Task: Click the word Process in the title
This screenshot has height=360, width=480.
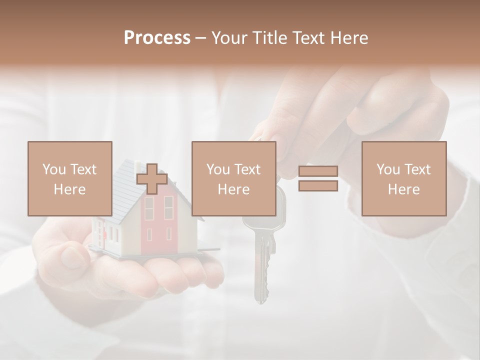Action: [157, 38]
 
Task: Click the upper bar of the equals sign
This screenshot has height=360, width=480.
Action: [318, 171]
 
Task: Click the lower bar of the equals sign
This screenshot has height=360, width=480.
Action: [318, 186]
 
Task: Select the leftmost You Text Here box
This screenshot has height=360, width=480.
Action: [69, 179]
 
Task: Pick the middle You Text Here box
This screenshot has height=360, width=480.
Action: [233, 179]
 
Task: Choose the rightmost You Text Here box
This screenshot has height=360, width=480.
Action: [403, 179]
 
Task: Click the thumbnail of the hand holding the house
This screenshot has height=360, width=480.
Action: [73, 256]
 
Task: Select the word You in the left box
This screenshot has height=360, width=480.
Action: [54, 169]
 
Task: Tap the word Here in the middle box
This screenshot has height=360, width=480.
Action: [233, 189]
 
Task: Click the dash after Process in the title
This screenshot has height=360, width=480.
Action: [201, 38]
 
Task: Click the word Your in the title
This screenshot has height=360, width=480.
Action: [231, 38]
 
